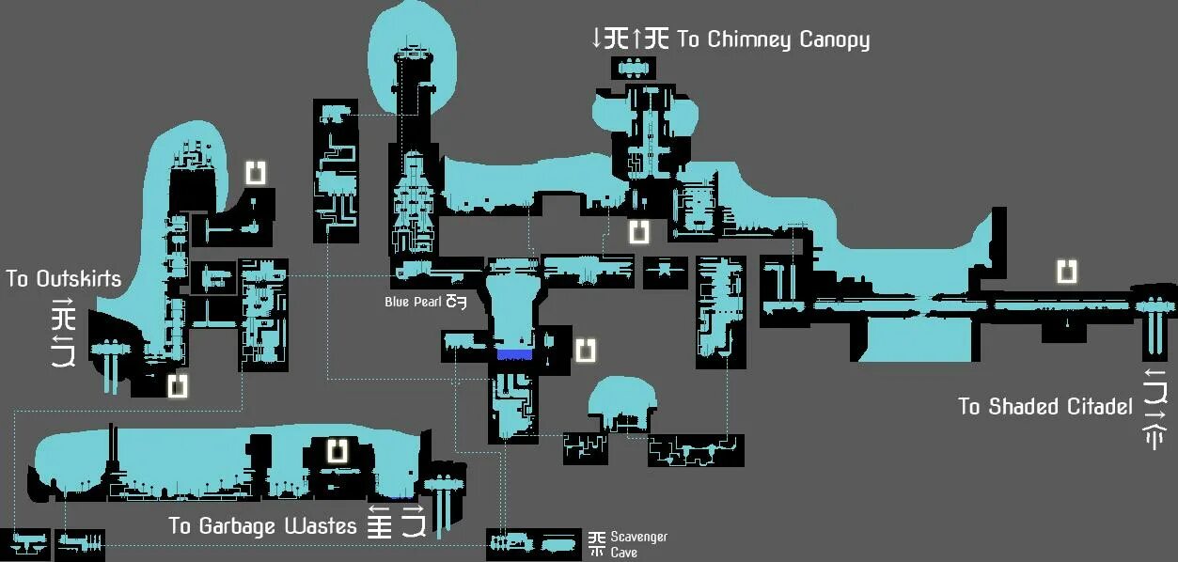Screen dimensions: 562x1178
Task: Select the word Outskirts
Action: [x=79, y=279]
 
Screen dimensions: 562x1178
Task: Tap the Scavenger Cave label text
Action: [x=638, y=544]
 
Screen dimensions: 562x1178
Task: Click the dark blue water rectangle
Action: [x=514, y=354]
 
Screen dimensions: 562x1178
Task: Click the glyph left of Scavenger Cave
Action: [x=597, y=543]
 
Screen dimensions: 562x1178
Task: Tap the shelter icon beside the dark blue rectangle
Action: [x=585, y=350]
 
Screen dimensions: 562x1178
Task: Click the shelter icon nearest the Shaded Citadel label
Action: [x=1066, y=272]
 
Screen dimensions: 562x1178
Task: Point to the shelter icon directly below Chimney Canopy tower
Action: [x=639, y=231]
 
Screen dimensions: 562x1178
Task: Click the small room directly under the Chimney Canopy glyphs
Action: [x=634, y=68]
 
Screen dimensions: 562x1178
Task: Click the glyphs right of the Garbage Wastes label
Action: [x=396, y=523]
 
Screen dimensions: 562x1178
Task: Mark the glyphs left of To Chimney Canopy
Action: [x=630, y=39]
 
